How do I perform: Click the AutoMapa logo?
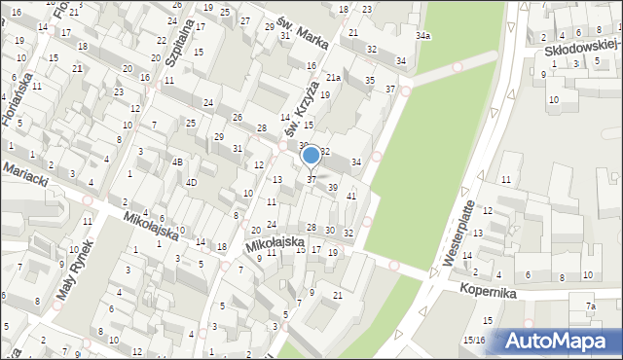tap(562, 341)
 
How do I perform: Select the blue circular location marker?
tap(311, 155)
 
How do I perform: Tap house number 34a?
tap(422, 36)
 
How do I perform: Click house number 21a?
tap(332, 78)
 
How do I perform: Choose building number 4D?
tap(192, 182)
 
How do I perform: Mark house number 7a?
tap(590, 306)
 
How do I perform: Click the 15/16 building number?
tap(473, 340)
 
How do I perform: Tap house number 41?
tap(351, 197)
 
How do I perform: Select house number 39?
tap(333, 188)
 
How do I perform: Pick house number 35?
tap(369, 80)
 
